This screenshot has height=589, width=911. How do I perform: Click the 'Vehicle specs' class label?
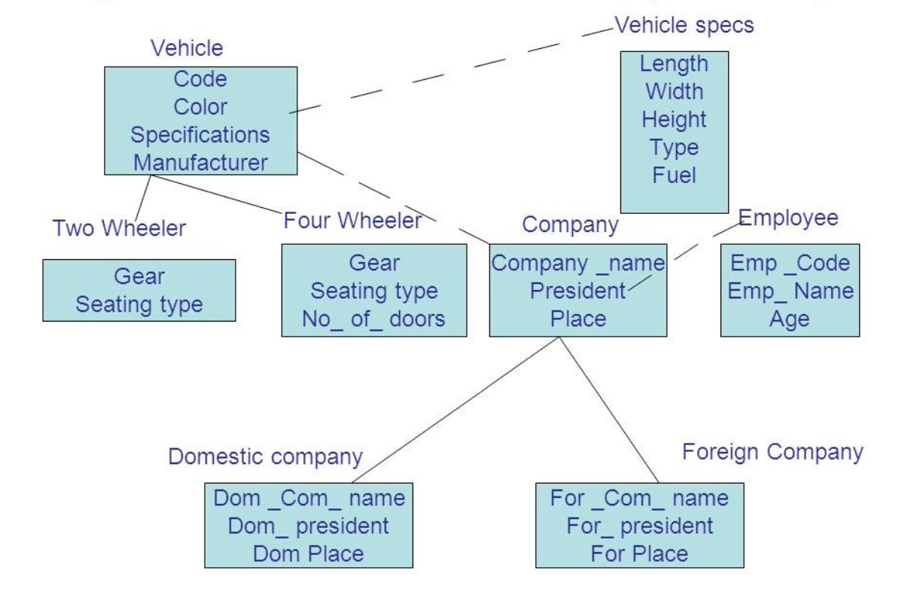(684, 26)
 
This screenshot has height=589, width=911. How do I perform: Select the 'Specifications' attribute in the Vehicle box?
(200, 135)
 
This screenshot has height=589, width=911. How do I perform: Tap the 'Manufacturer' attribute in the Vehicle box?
(200, 162)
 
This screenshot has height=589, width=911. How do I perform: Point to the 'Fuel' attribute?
(674, 175)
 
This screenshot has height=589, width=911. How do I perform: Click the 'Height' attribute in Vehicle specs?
(674, 120)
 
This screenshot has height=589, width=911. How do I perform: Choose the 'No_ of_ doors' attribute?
(373, 319)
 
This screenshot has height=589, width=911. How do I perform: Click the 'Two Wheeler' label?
(119, 227)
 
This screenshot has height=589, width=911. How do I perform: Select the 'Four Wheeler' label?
(352, 221)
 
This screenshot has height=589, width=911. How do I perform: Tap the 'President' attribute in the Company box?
(577, 291)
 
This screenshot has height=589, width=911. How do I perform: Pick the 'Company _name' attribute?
(577, 263)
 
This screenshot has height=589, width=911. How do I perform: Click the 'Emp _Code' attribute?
(790, 263)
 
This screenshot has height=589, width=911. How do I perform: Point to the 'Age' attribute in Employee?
(790, 319)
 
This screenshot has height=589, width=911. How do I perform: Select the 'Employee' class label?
(788, 218)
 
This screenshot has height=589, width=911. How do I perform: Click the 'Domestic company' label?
(265, 456)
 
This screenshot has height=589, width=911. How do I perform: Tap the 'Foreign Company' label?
(772, 452)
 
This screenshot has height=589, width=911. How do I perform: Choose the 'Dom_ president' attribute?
(308, 526)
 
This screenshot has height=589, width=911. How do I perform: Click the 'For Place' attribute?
(639, 554)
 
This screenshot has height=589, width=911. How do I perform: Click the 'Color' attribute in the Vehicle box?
(200, 107)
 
